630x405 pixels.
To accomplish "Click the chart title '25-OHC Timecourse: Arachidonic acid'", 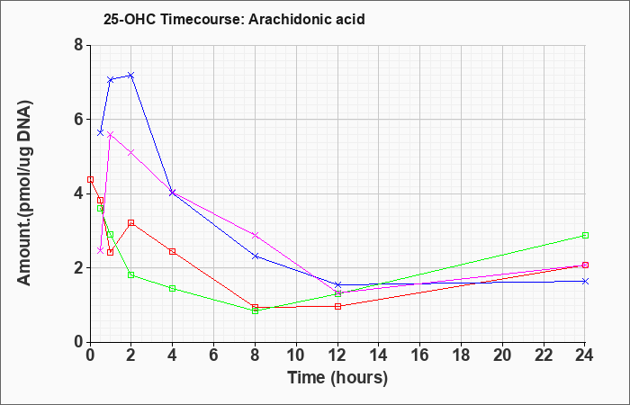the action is [234, 19].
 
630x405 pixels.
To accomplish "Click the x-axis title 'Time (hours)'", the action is [337, 378].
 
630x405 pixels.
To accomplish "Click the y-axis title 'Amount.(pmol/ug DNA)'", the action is [25, 193].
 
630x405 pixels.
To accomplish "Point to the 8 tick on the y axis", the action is [79, 45].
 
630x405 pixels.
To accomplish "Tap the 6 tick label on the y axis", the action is [79, 120].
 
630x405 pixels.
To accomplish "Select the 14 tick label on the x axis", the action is [379, 355].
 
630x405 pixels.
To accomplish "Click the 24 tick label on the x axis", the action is [585, 355].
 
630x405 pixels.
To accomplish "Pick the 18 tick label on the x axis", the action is [461, 355].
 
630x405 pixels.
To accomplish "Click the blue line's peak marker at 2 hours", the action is [130, 76].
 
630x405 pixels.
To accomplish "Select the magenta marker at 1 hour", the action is [110, 134].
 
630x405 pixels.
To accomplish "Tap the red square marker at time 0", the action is [90, 180].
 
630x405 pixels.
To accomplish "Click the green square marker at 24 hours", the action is [585, 236].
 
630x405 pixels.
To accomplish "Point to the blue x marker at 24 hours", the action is [585, 281].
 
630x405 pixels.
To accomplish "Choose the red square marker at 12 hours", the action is [337, 306].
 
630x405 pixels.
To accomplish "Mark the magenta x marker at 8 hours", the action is [255, 235].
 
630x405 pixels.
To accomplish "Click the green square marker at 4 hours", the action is [173, 289].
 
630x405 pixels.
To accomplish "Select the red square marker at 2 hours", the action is [131, 222].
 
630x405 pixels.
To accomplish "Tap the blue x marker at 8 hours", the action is [255, 256].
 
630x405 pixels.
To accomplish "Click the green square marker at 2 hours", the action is [131, 274].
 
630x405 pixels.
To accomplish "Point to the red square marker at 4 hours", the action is [173, 251].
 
